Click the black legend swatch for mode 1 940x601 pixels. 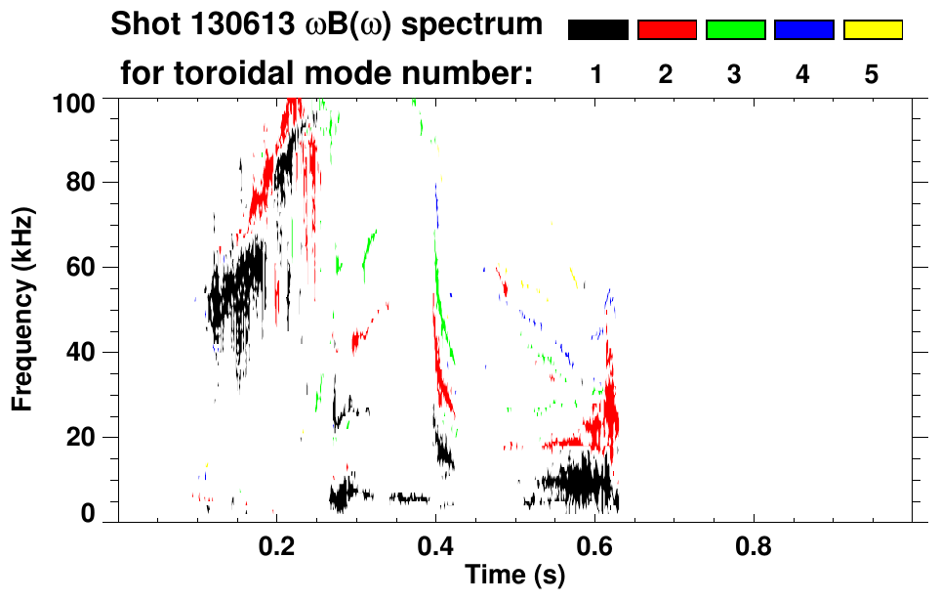point(597,30)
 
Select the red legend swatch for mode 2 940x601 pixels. point(667,30)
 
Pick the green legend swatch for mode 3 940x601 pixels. point(735,30)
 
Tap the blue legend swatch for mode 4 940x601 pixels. point(803,30)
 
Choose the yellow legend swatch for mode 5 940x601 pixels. point(872,30)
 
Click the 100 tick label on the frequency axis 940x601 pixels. point(74,102)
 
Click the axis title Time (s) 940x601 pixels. point(514,578)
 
